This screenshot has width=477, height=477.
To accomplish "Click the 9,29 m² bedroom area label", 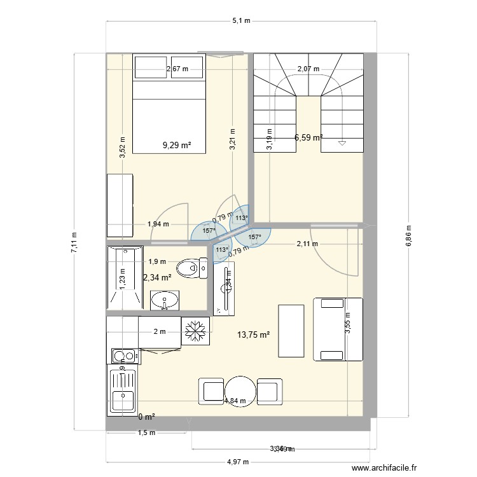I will tap(177, 145).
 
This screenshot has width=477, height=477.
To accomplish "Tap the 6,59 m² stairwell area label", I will tap(308, 137).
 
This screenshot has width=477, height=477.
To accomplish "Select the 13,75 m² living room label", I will tap(254, 335).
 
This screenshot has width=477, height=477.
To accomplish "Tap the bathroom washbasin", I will tap(166, 300).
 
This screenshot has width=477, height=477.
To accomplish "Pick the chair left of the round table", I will tap(211, 391).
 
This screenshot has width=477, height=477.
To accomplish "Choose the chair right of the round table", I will tap(270, 391).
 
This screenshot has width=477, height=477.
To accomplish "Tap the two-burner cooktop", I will tap(123, 356).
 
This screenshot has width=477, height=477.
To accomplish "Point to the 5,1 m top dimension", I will tap(241, 21).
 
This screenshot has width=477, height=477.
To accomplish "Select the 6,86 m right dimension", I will tap(408, 237).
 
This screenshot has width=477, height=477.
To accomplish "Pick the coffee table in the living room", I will tap(293, 331).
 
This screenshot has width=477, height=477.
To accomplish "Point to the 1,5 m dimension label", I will tap(148, 433).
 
